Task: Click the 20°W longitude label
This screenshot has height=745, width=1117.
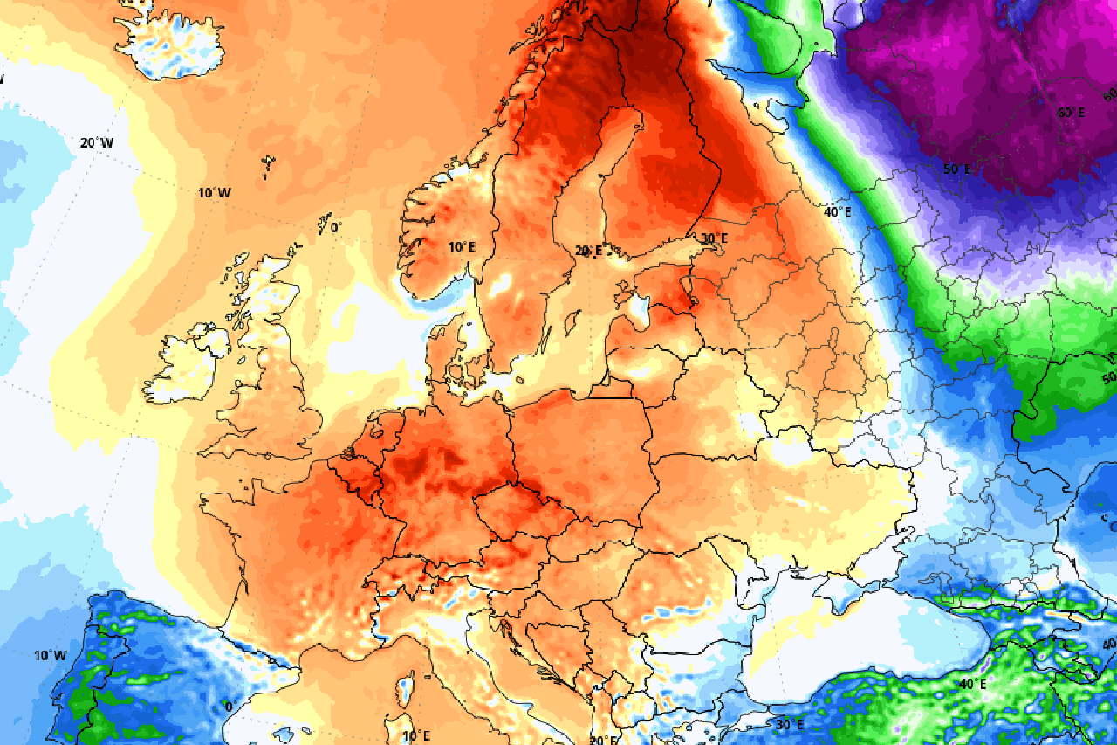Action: coord(96,143)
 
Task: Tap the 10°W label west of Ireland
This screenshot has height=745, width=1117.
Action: coord(213,193)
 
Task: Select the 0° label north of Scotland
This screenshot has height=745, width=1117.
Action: coord(335,228)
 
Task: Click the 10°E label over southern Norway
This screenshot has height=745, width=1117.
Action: coord(463,247)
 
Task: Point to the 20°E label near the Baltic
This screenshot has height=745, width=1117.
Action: coord(588,251)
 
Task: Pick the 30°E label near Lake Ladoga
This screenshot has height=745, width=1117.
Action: coord(713,238)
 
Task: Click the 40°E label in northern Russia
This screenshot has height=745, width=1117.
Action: coord(837,212)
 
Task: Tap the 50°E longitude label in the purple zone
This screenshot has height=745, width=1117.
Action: coord(956,169)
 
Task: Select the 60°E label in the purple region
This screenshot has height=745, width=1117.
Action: coord(1071,113)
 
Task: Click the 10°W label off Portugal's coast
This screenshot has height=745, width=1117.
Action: coord(50,655)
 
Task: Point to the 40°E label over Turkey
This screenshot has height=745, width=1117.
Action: coord(972,684)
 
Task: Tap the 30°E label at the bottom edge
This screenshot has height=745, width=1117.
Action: coord(790,724)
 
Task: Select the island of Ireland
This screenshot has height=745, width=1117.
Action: coord(183,367)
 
